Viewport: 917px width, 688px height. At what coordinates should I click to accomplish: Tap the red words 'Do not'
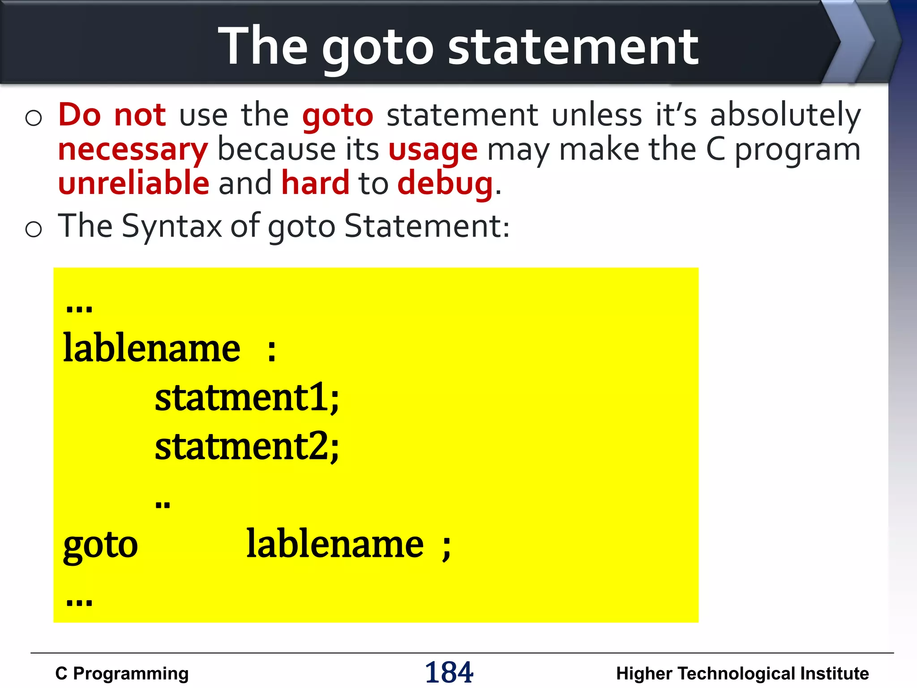point(112,115)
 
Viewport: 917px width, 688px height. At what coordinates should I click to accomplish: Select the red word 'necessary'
point(133,150)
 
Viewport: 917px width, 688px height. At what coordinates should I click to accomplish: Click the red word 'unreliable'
point(133,184)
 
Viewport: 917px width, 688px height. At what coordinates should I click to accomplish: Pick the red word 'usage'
point(433,150)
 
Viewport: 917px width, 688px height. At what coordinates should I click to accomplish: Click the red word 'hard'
point(315,184)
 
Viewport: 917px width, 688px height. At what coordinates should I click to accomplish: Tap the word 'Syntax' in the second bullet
point(171,227)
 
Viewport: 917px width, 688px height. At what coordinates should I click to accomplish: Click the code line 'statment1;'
point(247,398)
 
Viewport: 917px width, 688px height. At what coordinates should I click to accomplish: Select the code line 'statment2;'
point(247,447)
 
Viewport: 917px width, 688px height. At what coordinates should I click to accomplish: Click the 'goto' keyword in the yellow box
point(101,545)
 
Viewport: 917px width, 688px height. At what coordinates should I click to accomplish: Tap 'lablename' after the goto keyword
point(335,544)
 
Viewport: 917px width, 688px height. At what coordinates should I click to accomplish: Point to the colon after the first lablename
point(271,351)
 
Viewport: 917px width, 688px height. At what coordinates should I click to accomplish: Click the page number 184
point(449,672)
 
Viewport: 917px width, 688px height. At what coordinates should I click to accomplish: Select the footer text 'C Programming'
point(122,674)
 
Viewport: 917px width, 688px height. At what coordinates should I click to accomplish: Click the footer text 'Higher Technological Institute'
point(742,674)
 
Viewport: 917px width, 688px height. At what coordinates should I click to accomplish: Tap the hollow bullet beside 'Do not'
point(34,118)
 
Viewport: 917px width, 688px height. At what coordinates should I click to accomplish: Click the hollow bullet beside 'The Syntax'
point(34,229)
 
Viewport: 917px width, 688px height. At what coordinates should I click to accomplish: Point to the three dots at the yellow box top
point(79,309)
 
